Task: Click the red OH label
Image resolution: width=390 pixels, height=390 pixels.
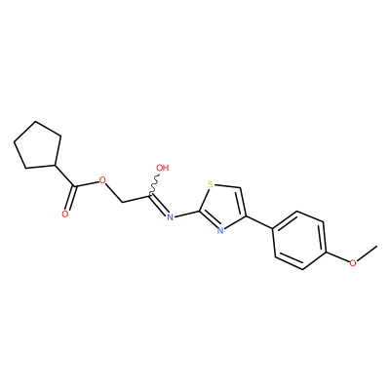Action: tap(163, 168)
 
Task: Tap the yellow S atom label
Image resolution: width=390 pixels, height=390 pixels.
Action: tap(211, 185)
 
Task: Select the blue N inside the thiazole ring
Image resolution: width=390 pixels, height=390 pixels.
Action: tap(220, 231)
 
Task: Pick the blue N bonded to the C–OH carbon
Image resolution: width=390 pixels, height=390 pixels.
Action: tap(170, 216)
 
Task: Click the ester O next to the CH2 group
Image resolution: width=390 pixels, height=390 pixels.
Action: tap(103, 180)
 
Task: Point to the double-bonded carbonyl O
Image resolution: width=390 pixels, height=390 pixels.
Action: tap(65, 214)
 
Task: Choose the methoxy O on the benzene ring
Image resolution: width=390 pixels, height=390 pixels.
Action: tap(352, 263)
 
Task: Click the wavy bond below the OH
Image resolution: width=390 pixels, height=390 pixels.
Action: tap(154, 183)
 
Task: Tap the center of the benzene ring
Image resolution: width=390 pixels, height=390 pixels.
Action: tap(299, 241)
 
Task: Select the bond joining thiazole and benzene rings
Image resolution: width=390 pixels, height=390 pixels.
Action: tap(259, 221)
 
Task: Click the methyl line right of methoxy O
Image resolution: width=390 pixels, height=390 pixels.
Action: tap(367, 253)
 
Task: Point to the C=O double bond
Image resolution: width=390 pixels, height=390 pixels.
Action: tap(70, 198)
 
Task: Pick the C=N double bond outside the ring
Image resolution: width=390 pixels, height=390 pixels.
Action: tap(159, 205)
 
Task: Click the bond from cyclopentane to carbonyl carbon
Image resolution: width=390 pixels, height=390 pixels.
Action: tap(65, 175)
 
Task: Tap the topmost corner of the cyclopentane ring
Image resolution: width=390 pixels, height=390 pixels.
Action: tap(35, 122)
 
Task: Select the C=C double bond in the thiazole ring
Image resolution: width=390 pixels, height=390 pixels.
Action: tap(243, 202)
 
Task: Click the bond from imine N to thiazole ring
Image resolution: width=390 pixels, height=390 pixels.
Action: tap(186, 214)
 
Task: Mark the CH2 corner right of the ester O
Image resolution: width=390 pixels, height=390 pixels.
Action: tap(123, 202)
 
